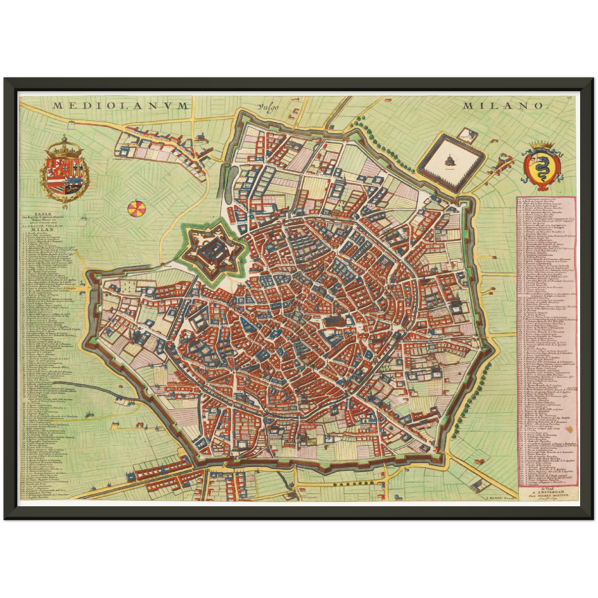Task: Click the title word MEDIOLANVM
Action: point(120,106)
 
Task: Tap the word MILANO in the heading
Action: point(502,106)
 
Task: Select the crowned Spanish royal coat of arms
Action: point(65,172)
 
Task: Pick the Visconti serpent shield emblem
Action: point(541,167)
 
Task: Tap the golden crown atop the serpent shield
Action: point(541,145)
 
